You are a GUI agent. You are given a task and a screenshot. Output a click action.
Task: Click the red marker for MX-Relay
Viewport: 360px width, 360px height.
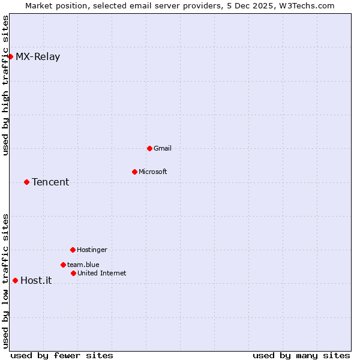10,57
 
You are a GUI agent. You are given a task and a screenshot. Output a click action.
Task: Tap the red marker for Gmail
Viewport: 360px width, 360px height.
149,148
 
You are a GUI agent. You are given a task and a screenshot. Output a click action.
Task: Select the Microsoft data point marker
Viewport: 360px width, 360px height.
134,172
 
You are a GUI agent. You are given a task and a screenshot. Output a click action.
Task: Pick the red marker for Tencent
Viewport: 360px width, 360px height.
26,182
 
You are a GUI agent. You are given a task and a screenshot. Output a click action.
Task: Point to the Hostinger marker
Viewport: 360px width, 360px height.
73,250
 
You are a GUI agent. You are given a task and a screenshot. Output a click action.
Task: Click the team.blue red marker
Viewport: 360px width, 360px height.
63,265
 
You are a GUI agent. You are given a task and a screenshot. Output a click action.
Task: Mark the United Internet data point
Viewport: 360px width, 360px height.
73,273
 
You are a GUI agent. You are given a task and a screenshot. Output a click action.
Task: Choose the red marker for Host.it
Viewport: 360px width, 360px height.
15,280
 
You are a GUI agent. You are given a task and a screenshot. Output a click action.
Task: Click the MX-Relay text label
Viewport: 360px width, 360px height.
38,57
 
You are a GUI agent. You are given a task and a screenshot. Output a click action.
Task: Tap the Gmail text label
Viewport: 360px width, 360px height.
163,148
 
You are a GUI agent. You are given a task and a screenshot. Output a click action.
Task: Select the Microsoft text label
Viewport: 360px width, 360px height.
153,172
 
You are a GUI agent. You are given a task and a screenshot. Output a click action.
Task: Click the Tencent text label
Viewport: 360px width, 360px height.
50,182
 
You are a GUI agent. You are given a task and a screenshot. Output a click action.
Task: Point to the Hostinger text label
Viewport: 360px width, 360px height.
92,250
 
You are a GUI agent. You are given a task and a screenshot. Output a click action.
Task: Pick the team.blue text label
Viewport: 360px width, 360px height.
83,265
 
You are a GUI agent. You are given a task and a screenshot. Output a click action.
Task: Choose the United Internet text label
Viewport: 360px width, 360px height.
102,273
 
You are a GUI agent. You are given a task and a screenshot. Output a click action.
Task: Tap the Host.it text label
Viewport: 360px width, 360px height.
36,280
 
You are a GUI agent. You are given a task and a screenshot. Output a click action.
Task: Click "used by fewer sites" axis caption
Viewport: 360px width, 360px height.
62,355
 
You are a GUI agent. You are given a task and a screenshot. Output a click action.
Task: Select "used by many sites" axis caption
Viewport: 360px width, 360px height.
301,355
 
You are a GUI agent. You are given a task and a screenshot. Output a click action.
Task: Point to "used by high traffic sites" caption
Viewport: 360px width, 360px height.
5,85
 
